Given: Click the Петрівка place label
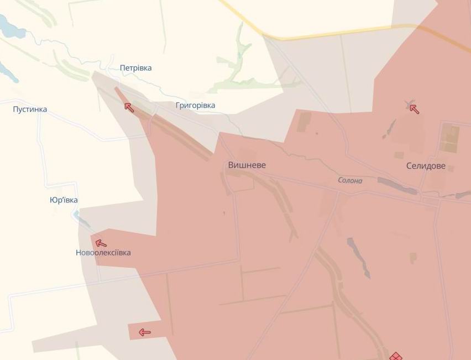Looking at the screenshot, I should pos(135,68).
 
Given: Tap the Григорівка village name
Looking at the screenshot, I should pos(195,105).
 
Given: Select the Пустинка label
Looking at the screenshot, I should pos(30,109).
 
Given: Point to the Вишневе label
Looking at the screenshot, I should pos(247,165).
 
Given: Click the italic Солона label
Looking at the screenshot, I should pos(350,180).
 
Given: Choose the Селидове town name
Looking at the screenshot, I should pos(426,165).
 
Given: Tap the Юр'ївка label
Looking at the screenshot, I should pos(64,200).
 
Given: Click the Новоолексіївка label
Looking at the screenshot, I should pos(103,253).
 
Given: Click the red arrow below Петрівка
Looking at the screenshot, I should pos(129,107).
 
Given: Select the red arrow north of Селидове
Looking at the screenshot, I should pos(415,109).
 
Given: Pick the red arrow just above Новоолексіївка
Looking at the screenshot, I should pos(101,243).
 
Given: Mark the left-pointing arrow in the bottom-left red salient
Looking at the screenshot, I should pos(144,332).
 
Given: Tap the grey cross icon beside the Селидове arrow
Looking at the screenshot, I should pos(409,105).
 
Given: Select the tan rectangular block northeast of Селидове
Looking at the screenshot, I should pos(449,138).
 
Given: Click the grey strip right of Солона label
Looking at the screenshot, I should pos(397,185).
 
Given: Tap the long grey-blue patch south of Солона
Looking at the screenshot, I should pos(358,257).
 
